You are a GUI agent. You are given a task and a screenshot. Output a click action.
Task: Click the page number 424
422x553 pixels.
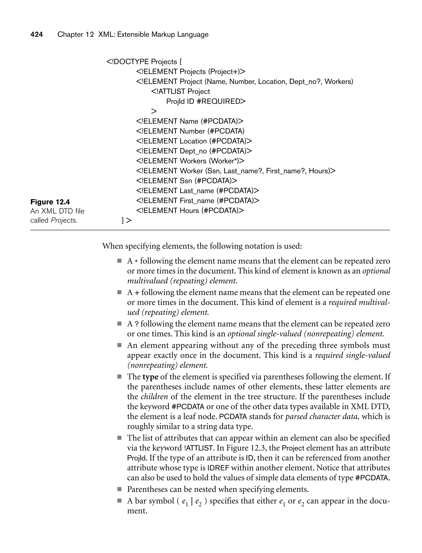[37, 34]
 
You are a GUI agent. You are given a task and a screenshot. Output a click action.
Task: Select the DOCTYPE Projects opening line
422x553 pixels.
[144, 62]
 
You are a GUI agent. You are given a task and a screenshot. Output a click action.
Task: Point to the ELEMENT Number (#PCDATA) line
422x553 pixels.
[190, 131]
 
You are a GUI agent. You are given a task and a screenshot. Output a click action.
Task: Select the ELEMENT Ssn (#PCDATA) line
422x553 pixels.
[187, 181]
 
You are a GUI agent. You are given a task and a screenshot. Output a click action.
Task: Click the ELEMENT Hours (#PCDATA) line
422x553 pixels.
[190, 210]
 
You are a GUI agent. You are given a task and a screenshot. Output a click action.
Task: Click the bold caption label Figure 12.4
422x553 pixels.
[50, 202]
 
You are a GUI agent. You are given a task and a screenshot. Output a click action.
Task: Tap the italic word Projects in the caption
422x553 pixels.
[63, 220]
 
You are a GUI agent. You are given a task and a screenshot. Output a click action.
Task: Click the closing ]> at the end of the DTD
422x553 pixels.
[126, 220]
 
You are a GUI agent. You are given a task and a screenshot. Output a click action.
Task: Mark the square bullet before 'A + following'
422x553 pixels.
[120, 292]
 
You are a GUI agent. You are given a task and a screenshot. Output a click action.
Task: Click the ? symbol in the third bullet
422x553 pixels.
[137, 324]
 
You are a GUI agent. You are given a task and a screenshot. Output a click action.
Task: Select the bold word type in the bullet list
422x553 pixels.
[150, 377]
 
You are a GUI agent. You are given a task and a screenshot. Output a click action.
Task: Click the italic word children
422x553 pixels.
[154, 397]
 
